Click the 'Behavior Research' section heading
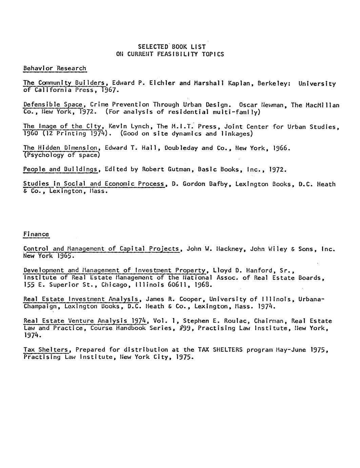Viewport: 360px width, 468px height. tap(55, 68)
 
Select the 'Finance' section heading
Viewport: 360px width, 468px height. tap(36, 234)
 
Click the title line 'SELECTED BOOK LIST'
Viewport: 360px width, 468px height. tap(172, 46)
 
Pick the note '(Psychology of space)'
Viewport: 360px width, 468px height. tap(61, 155)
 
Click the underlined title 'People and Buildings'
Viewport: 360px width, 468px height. tap(60, 169)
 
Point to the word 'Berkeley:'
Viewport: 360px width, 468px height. tap(274, 83)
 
